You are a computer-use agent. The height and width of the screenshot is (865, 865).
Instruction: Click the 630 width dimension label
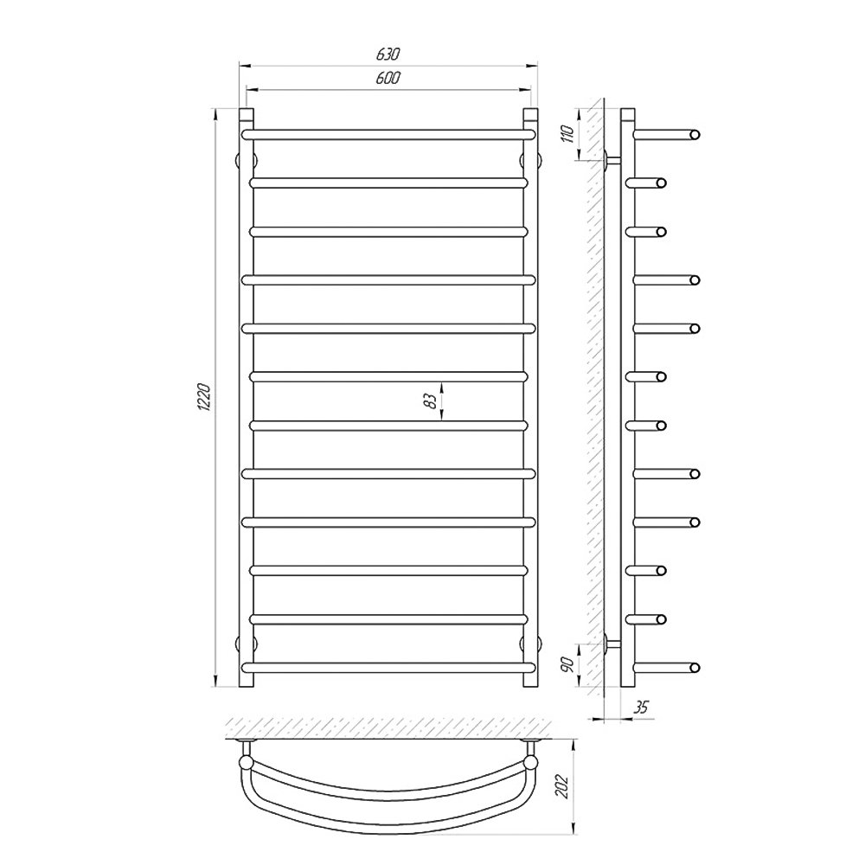tap(388, 54)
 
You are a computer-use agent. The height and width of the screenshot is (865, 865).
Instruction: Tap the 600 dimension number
tap(388, 79)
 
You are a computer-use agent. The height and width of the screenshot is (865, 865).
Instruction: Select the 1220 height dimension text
tap(203, 397)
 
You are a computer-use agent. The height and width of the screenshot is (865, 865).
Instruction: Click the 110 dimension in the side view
tap(567, 134)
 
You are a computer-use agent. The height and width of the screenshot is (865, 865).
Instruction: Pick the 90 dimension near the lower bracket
tap(567, 664)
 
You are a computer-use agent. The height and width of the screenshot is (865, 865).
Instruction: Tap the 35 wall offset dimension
tap(641, 707)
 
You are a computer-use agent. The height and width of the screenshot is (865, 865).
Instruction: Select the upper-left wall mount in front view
tap(247, 160)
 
